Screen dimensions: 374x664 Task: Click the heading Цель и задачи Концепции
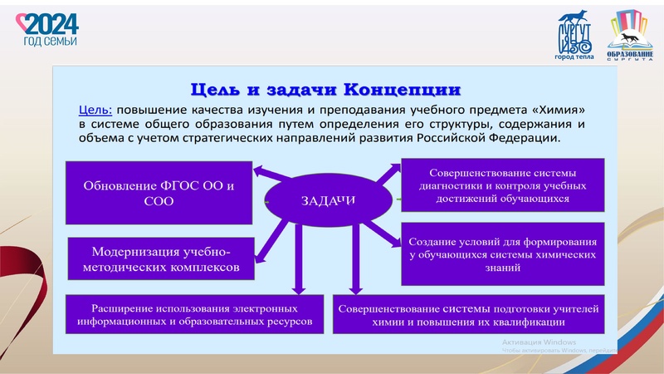(x=326, y=88)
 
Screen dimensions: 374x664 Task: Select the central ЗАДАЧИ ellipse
(x=329, y=200)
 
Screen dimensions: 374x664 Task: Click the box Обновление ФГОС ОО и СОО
(x=159, y=192)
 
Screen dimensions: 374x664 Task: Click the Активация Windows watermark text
(x=539, y=342)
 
